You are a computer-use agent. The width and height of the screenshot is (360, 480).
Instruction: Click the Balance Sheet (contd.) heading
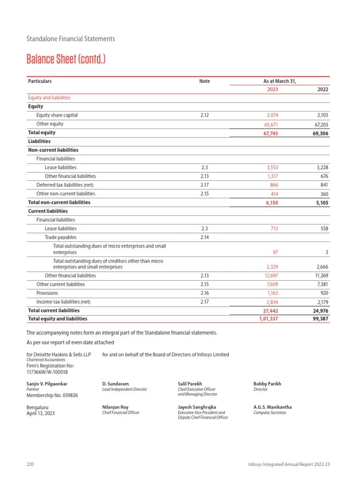point(66,60)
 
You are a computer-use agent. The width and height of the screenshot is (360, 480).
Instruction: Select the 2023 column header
point(272,90)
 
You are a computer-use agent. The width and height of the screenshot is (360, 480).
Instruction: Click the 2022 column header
point(323,90)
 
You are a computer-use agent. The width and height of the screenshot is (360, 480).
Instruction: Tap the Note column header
point(204,81)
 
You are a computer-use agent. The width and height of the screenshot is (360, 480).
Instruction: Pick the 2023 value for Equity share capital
point(271,115)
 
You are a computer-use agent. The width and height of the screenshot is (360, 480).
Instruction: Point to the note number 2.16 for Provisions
point(204,293)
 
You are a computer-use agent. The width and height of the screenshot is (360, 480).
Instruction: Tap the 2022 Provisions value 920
point(324,293)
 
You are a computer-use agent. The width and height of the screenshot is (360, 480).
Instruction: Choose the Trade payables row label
point(60,238)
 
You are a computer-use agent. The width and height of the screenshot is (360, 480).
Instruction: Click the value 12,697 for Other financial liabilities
point(271,276)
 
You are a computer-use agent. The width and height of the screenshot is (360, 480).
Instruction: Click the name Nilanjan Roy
point(115,407)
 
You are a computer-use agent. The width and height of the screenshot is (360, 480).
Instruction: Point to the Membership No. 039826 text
point(52,395)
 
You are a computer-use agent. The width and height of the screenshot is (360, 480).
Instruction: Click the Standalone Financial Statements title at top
point(70,39)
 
